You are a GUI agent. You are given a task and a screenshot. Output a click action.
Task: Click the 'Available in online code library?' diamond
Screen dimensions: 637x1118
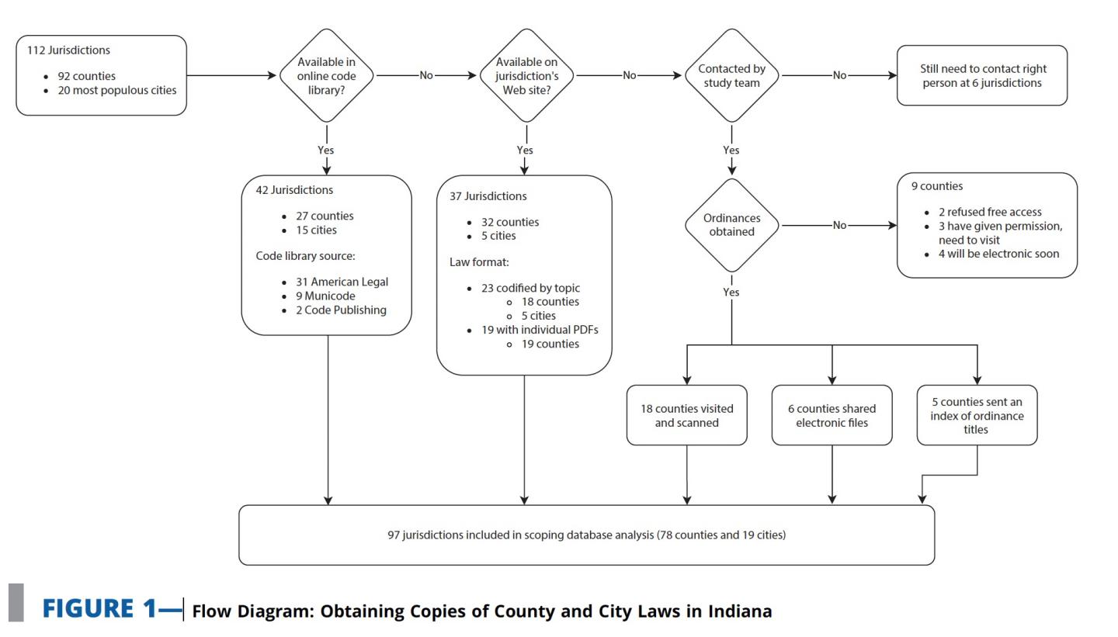point(326,75)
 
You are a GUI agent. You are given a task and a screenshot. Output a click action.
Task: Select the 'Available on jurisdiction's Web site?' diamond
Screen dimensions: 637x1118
point(526,75)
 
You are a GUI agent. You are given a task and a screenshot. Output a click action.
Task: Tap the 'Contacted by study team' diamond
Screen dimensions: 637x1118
point(731,75)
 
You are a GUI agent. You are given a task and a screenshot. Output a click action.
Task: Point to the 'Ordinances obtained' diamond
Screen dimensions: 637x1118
point(731,225)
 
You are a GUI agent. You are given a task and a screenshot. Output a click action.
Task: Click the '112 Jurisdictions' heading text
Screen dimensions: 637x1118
point(68,50)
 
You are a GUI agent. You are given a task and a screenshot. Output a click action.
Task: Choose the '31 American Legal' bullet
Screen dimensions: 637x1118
point(342,282)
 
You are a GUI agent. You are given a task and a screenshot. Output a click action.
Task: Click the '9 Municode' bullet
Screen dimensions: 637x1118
point(325,296)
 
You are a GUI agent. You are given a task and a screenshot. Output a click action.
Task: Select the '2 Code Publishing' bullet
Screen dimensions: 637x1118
point(341,310)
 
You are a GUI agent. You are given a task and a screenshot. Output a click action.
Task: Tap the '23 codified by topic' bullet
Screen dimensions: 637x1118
point(530,288)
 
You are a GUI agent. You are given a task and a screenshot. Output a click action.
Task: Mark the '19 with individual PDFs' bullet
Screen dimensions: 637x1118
point(540,330)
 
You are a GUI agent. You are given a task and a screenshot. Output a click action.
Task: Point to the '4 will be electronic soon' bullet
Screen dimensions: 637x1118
point(998,254)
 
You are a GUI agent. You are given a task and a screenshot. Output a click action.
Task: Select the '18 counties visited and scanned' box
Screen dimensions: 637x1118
point(686,415)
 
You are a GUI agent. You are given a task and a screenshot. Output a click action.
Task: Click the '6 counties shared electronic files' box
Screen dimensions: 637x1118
point(832,415)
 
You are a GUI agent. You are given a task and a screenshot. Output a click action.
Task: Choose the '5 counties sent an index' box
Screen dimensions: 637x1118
point(977,415)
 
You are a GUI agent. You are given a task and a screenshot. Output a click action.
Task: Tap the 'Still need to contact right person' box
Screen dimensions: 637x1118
point(982,75)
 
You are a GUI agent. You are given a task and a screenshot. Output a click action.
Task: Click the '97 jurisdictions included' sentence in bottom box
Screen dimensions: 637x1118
point(586,535)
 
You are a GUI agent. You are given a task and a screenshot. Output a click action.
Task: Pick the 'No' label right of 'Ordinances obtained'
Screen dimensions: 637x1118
point(839,225)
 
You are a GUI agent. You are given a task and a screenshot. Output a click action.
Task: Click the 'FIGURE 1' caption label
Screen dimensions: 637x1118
point(99,609)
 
